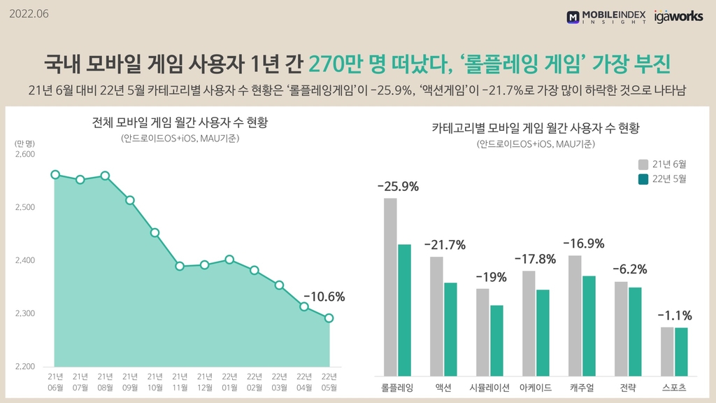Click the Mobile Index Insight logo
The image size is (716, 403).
(606, 17)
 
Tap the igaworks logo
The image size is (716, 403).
(678, 16)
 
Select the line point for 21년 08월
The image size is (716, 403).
(105, 176)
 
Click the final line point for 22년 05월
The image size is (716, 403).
(329, 318)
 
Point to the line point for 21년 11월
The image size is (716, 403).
(180, 266)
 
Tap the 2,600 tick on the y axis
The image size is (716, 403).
(25, 154)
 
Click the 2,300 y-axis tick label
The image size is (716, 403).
(25, 313)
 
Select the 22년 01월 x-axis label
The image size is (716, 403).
(229, 382)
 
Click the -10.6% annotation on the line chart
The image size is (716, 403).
(324, 297)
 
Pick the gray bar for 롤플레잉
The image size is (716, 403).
(390, 287)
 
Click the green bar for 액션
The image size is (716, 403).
(450, 329)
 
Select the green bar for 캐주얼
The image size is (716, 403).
(589, 325)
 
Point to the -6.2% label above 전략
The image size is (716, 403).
(629, 269)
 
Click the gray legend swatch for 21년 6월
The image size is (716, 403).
(643, 164)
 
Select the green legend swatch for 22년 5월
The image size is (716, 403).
(643, 179)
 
